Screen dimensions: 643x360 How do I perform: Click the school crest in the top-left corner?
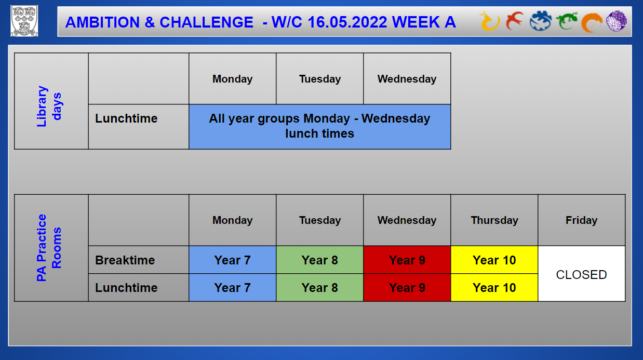pos(24,21)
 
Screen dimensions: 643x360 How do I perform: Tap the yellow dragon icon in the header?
pos(489,21)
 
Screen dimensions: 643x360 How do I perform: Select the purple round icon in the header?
pos(617,21)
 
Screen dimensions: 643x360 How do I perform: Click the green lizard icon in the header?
pos(567,21)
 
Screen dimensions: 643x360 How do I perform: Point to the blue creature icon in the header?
pos(541,21)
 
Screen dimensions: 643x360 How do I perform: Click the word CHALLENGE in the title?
pos(206,22)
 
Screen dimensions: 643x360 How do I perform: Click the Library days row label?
pos(49,106)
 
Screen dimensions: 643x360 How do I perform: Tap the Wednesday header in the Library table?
pos(407,78)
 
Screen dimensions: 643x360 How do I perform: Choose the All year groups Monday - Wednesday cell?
pos(319,126)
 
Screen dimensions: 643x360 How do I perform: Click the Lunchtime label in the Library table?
pos(126,118)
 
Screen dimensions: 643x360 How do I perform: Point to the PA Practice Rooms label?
pos(49,247)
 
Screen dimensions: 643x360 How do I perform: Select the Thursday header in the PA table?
pos(494,220)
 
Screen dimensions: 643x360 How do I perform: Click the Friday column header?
pos(581,220)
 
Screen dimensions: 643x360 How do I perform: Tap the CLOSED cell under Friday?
pos(581,274)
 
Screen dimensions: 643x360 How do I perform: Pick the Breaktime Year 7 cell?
pos(232,260)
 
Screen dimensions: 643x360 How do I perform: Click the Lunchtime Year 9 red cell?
pos(407,287)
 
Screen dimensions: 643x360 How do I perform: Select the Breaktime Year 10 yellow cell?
pos(494,260)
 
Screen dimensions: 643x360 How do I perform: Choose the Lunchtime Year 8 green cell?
pos(319,287)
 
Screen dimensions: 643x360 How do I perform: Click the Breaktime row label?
pos(125,260)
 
